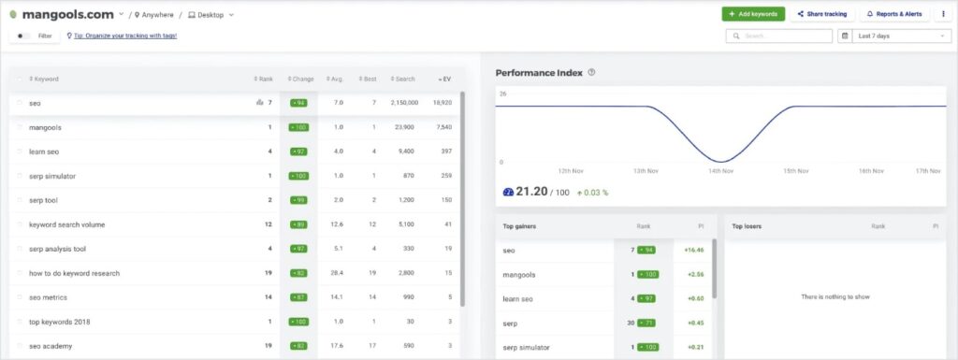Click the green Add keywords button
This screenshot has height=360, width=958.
[x=753, y=14]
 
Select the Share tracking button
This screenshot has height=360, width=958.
[x=822, y=14]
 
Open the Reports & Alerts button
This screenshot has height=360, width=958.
[x=893, y=14]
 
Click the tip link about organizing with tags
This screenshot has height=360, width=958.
[x=124, y=36]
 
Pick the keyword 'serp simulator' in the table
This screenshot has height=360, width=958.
[x=52, y=176]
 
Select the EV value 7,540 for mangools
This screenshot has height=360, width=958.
[x=443, y=127]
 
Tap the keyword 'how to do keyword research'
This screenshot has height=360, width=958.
[x=75, y=273]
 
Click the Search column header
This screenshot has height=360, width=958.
[x=405, y=79]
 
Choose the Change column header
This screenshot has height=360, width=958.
[x=301, y=79]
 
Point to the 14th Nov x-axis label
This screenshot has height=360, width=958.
[x=719, y=171]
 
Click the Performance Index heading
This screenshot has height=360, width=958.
[x=539, y=72]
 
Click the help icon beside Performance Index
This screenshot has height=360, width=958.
[x=591, y=72]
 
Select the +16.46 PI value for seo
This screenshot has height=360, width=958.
[x=693, y=251]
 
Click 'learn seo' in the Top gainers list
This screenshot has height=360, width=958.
[x=517, y=298]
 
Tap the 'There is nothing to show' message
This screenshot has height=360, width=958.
[x=835, y=296]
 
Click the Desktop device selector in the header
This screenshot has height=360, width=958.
[x=210, y=15]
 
